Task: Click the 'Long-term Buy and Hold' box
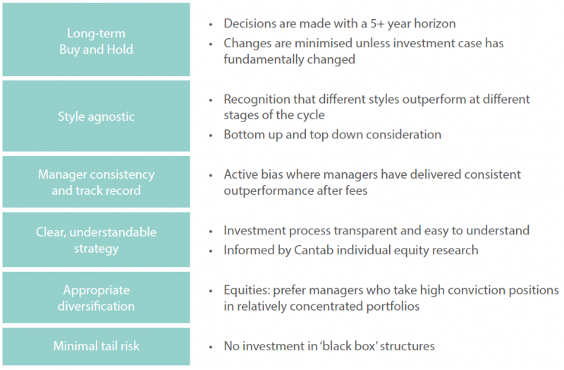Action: (x=96, y=40)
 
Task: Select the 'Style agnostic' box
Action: (x=96, y=116)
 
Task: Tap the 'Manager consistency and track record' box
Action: (x=96, y=182)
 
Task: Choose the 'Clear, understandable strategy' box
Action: (x=96, y=239)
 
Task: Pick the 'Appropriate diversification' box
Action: (x=96, y=297)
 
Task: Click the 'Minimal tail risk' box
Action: (x=96, y=346)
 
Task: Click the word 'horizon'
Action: (x=435, y=24)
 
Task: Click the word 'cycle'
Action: (x=311, y=115)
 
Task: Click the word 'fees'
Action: (x=355, y=191)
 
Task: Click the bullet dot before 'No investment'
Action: (x=211, y=347)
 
